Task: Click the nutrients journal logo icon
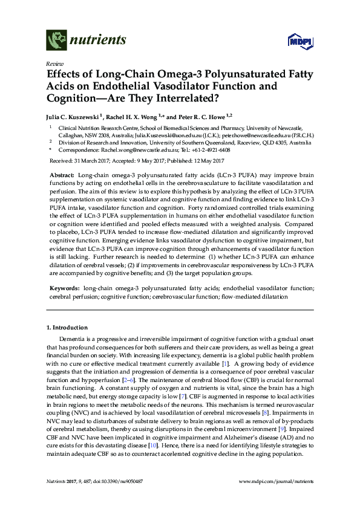click(57, 41)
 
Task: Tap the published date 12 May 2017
click(204, 161)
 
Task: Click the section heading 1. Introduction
click(67, 327)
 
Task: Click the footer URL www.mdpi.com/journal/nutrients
click(277, 482)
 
